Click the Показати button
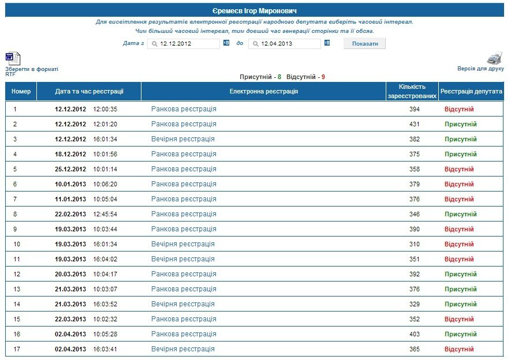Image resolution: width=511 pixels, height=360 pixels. (x=364, y=43)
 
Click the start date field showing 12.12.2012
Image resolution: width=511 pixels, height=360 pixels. (x=184, y=43)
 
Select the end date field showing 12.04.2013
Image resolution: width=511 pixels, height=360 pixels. (x=285, y=43)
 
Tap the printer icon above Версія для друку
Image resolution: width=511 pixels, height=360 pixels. (x=495, y=58)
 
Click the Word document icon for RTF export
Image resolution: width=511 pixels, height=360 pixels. (x=13, y=58)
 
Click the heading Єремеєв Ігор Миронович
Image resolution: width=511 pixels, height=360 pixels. (x=255, y=11)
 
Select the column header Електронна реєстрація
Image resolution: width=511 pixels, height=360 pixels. (x=264, y=91)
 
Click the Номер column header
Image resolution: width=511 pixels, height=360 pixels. (x=21, y=91)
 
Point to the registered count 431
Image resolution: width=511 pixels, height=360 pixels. (x=415, y=124)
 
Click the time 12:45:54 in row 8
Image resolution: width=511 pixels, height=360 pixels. (x=105, y=214)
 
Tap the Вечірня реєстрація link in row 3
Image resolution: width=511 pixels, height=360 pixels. (x=182, y=139)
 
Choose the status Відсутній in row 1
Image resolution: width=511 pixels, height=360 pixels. (x=459, y=109)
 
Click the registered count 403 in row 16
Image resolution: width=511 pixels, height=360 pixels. (x=415, y=334)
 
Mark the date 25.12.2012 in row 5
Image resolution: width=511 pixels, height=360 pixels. (x=70, y=169)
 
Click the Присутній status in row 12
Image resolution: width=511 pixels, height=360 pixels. (x=460, y=274)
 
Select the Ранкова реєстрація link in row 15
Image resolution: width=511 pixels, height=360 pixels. (x=184, y=319)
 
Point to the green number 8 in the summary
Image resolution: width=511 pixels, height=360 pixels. (x=279, y=77)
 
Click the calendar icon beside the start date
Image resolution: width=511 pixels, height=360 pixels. (x=226, y=43)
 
